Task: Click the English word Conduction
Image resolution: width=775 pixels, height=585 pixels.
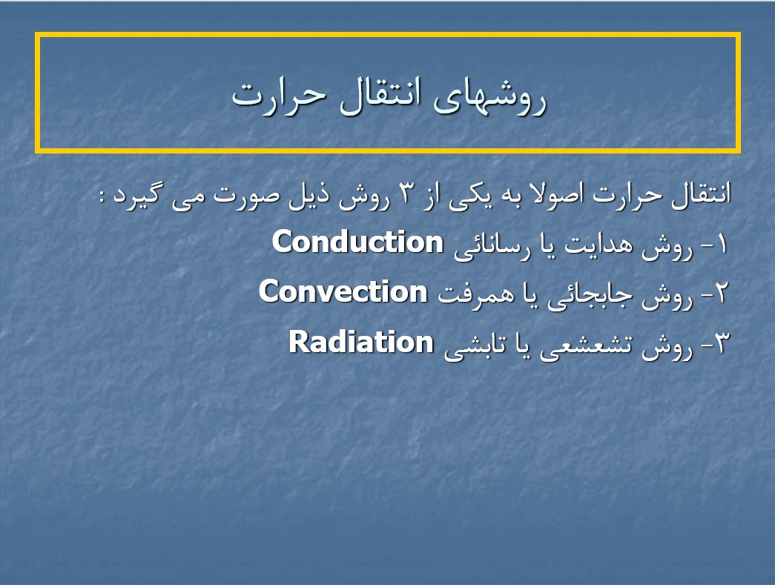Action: pyautogui.click(x=357, y=242)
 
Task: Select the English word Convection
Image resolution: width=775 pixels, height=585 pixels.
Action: pyautogui.click(x=343, y=291)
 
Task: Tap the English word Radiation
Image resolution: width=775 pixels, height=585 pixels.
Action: pyautogui.click(x=361, y=342)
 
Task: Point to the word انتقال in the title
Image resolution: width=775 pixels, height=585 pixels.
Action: pyautogui.click(x=380, y=94)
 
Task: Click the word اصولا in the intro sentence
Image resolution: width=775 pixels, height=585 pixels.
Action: pyautogui.click(x=547, y=194)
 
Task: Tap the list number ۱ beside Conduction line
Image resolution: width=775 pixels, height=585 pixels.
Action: pyautogui.click(x=722, y=244)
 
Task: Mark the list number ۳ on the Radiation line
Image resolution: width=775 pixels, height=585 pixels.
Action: pyautogui.click(x=721, y=343)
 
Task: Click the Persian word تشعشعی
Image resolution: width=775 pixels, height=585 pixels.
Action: pyautogui.click(x=586, y=345)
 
